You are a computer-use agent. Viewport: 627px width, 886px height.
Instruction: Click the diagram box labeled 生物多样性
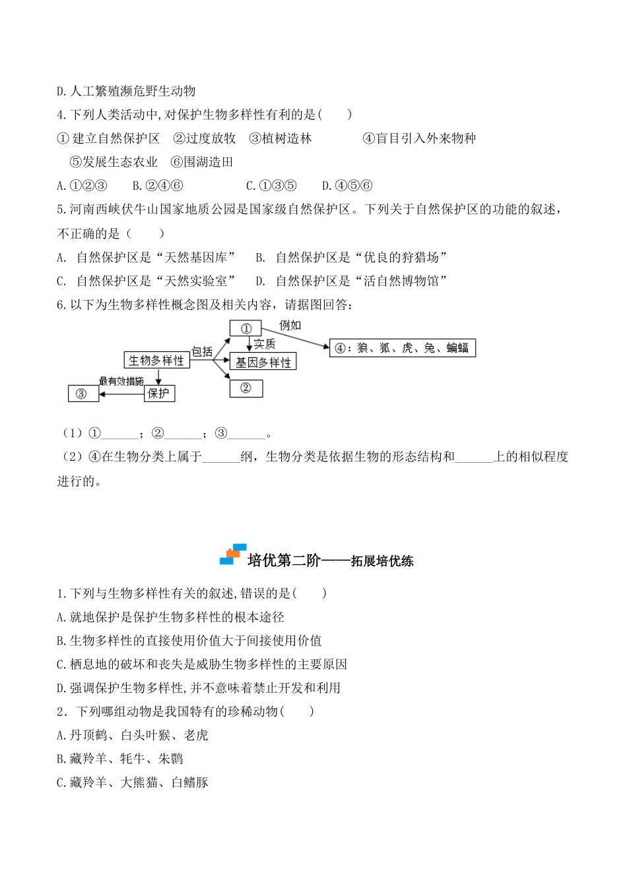tap(156, 360)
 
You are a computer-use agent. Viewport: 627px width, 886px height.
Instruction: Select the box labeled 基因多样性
tap(263, 362)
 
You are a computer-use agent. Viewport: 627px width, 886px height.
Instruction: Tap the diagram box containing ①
tap(246, 328)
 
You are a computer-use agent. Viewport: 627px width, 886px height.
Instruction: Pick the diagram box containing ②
tap(246, 388)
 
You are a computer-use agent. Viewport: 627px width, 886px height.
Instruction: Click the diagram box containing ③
tap(83, 394)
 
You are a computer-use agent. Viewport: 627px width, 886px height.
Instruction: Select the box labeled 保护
tap(159, 394)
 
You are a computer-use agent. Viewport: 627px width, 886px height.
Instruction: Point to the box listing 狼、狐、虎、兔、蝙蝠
tap(402, 347)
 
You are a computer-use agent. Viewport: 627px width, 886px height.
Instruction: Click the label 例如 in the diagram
tap(290, 325)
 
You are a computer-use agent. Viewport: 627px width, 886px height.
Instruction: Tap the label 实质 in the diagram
tap(264, 344)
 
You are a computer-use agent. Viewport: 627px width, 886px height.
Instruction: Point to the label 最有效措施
tap(121, 381)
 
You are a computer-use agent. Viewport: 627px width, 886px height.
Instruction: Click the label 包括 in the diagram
tap(202, 351)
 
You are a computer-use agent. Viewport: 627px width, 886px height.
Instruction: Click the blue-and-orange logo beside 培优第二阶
tap(232, 554)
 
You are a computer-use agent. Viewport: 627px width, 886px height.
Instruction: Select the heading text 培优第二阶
tap(284, 560)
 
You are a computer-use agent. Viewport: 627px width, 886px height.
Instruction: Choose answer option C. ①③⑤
tap(271, 186)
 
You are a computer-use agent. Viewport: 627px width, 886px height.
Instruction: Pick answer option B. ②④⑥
tap(157, 186)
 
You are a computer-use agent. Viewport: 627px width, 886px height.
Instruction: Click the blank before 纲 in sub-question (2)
tap(221, 457)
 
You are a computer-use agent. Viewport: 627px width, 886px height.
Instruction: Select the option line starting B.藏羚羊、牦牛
tap(120, 759)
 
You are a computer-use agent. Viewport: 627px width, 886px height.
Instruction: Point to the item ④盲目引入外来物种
tap(419, 138)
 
